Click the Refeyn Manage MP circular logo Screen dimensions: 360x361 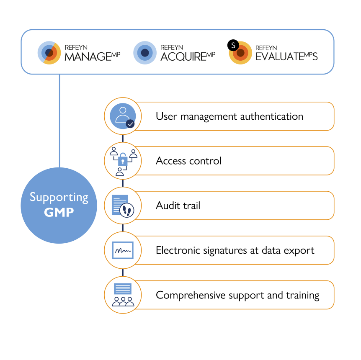click(49, 53)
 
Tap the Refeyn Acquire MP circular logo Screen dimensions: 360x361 click(145, 53)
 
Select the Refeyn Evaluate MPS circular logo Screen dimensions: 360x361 click(240, 53)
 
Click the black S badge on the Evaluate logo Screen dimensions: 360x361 click(232, 45)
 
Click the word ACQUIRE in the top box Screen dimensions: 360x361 click(183, 57)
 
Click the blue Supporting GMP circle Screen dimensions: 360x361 click(59, 205)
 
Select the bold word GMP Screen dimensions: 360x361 click(59, 212)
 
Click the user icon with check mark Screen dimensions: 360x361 click(123, 116)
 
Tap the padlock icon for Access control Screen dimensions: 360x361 click(123, 160)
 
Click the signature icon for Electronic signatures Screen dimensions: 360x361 click(123, 250)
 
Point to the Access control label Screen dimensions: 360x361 click(188, 161)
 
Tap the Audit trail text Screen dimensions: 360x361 click(178, 206)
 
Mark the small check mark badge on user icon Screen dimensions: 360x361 click(130, 124)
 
